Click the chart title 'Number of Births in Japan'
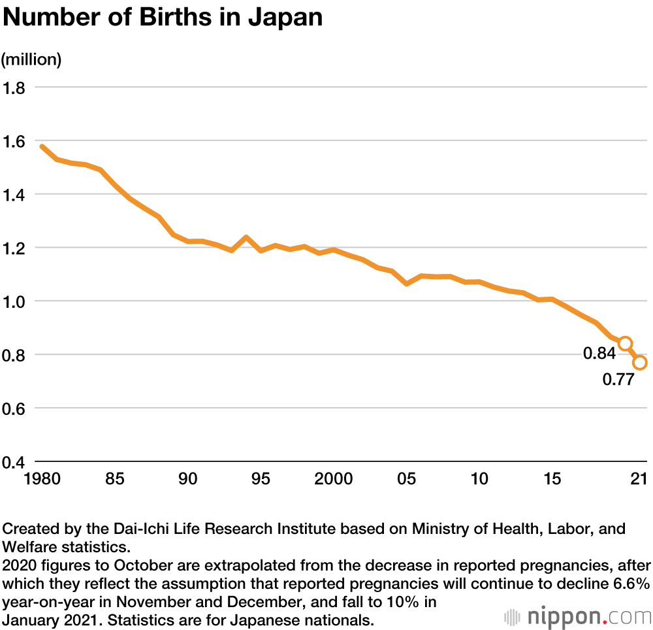click(163, 18)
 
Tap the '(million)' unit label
click(31, 59)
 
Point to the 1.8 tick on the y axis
click(14, 87)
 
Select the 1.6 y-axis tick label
click(14, 141)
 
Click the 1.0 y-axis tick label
click(14, 301)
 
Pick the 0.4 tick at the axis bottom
click(14, 462)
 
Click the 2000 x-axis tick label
click(333, 479)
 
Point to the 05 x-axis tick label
click(407, 479)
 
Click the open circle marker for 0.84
click(625, 343)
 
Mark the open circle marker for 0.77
click(640, 362)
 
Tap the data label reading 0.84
click(599, 354)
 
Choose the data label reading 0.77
click(618, 379)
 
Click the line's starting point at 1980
click(42, 146)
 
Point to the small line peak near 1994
click(246, 237)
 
